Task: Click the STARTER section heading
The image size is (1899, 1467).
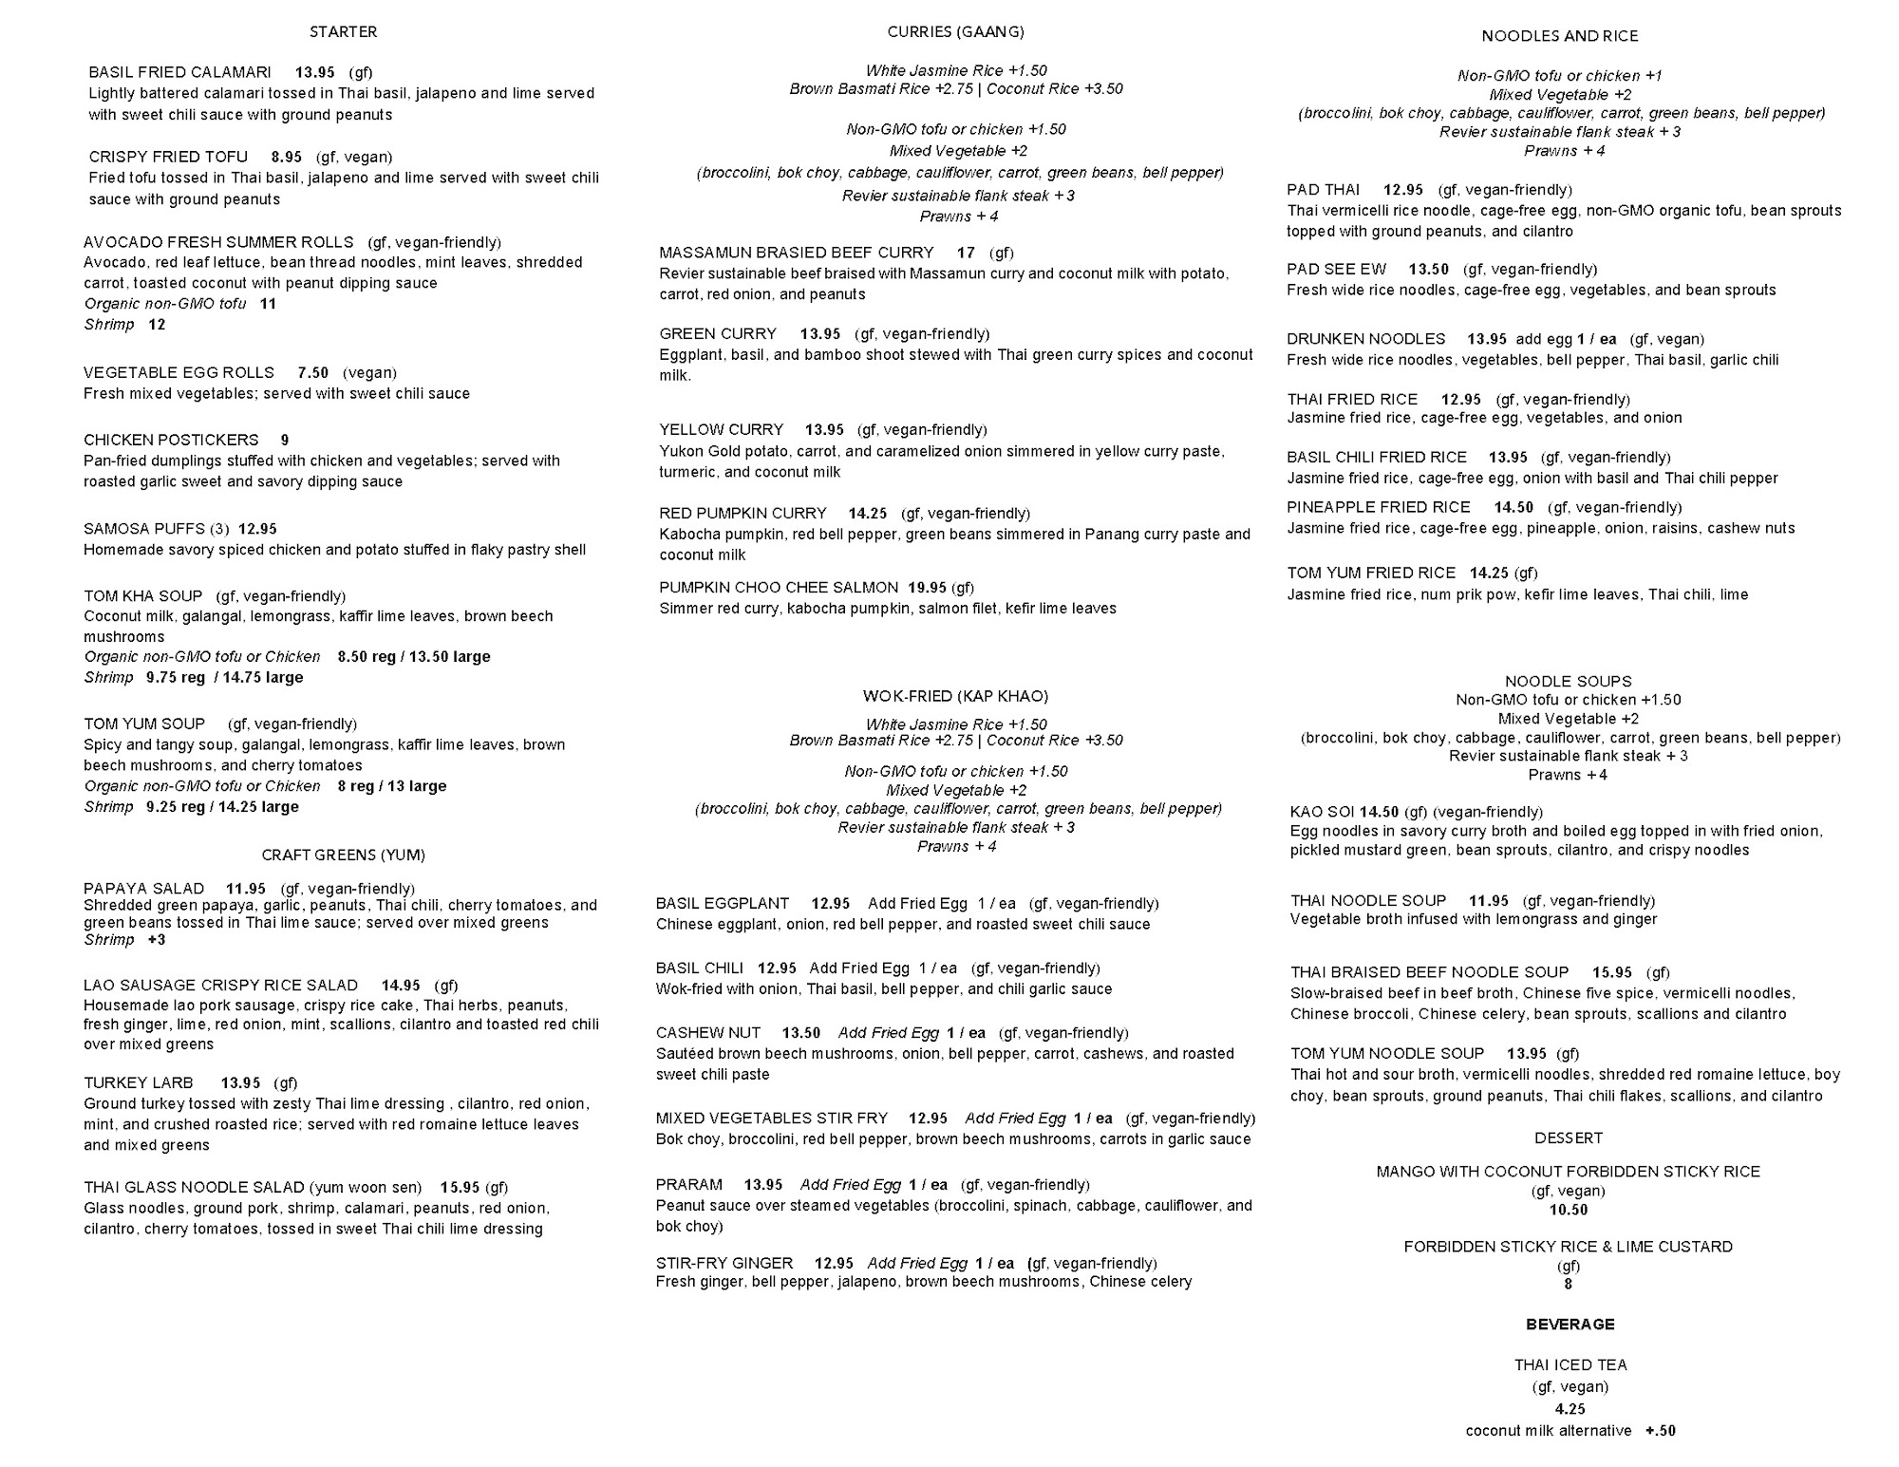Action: [343, 32]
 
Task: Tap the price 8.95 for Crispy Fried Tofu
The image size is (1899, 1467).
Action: [286, 157]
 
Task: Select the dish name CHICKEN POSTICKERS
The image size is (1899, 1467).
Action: [171, 440]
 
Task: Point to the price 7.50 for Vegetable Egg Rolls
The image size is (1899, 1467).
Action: [312, 372]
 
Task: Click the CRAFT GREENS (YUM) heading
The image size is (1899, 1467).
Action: [343, 855]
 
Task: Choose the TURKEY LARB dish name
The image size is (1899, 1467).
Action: [138, 1082]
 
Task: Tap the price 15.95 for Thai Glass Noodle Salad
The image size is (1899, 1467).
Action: [460, 1187]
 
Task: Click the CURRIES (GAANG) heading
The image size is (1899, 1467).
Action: [955, 32]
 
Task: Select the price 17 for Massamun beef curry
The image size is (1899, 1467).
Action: [966, 253]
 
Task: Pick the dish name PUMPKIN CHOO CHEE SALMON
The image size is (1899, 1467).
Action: [779, 588]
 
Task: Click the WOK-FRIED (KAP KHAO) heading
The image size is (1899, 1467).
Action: [955, 696]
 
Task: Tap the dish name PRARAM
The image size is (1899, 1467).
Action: [688, 1185]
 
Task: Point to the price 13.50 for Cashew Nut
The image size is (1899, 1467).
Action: [800, 1033]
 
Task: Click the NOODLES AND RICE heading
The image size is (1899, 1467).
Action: [1559, 36]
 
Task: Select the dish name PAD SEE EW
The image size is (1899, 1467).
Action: [1336, 270]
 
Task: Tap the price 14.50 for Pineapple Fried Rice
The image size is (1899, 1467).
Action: [1514, 507]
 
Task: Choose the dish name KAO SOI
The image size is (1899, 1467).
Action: [1322, 812]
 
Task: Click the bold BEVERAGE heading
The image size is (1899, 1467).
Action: [1570, 1325]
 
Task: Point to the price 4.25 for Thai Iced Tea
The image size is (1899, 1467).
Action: [1570, 1409]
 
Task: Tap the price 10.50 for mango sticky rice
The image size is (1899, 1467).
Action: [1568, 1210]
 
